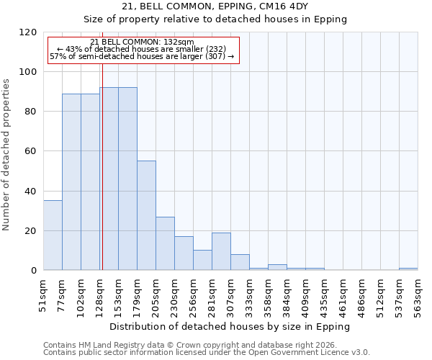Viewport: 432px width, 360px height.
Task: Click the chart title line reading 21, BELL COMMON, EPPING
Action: [215, 6]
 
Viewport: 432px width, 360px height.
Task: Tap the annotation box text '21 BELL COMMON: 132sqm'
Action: [142, 42]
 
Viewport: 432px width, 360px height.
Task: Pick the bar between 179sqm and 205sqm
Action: [146, 216]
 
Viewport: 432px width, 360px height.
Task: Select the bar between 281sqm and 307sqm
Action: [221, 252]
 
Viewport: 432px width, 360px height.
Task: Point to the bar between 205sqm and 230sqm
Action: [165, 243]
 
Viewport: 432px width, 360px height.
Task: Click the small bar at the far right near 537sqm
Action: [408, 269]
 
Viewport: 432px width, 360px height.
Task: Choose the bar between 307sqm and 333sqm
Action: [240, 262]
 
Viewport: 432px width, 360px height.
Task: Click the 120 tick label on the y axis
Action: [28, 32]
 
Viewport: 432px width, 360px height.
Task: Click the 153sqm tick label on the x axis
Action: [119, 293]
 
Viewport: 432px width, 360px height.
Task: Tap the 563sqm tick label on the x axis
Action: [418, 293]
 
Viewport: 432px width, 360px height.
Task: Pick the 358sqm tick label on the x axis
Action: [269, 293]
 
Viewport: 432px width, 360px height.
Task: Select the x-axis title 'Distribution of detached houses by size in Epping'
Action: [230, 326]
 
